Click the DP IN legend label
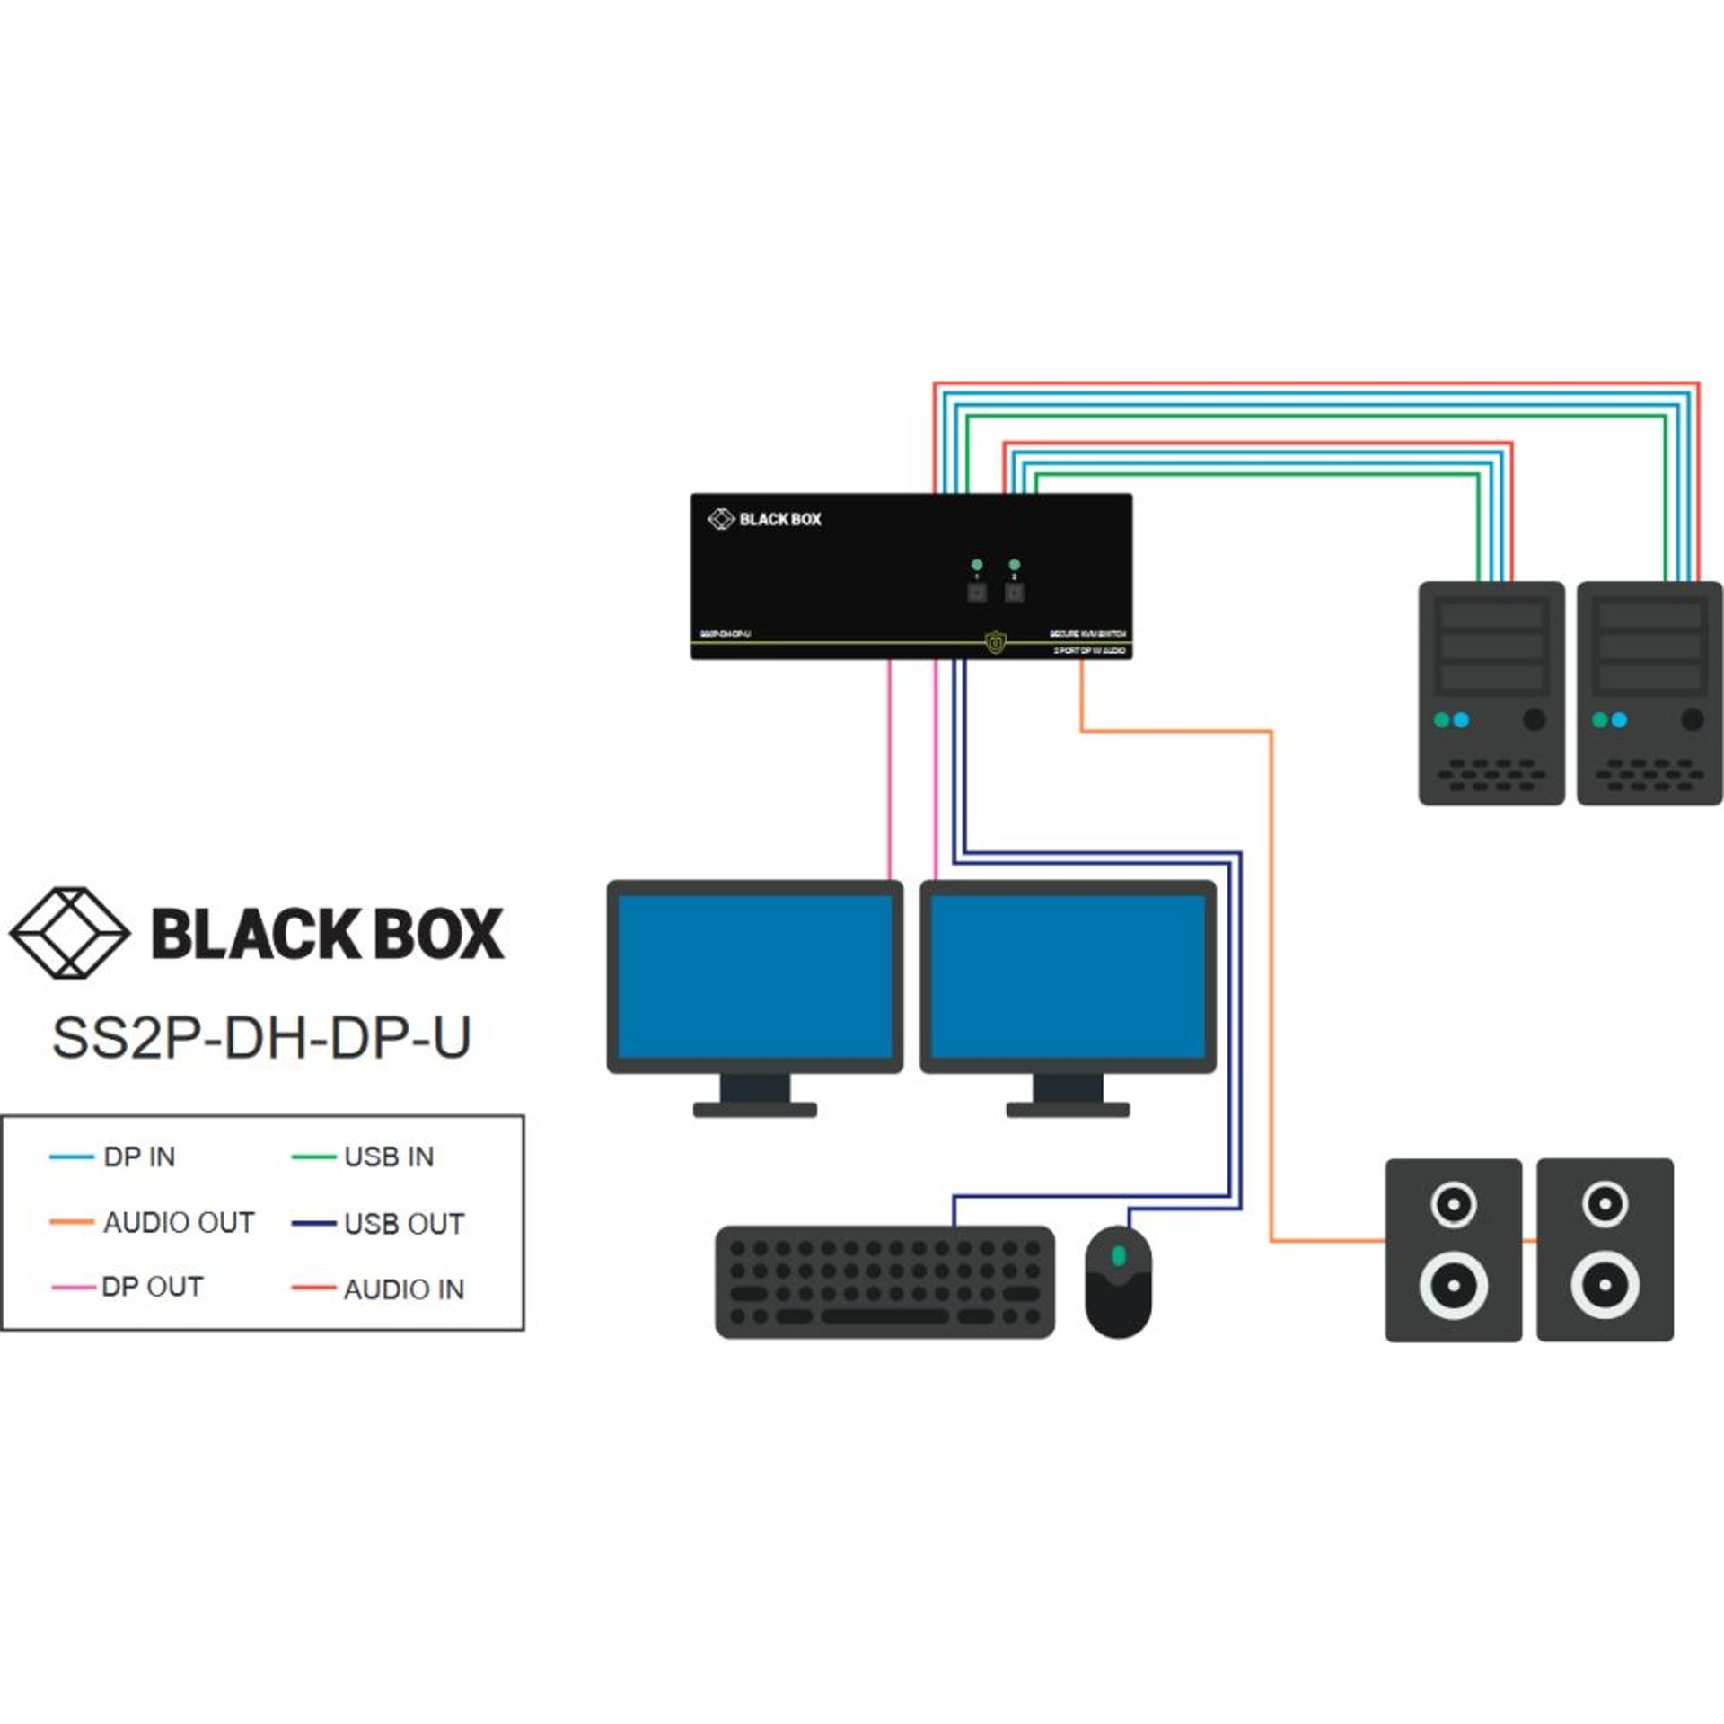(x=139, y=1157)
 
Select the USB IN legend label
(x=389, y=1157)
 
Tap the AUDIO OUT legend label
(x=179, y=1222)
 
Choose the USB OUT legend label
(x=404, y=1224)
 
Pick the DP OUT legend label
(x=152, y=1287)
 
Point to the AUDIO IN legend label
(x=404, y=1289)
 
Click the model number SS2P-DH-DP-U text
(x=261, y=1038)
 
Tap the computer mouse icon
(x=1118, y=1281)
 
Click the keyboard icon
(x=884, y=1281)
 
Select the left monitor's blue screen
(x=754, y=976)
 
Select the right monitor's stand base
(x=1068, y=1110)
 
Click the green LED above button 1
(x=977, y=565)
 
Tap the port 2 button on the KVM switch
(x=1014, y=593)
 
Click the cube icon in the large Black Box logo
(x=70, y=933)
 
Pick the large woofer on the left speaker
(x=1453, y=1285)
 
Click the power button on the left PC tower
(x=1535, y=719)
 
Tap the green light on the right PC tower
(x=1599, y=720)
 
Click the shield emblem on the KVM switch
(x=995, y=642)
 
